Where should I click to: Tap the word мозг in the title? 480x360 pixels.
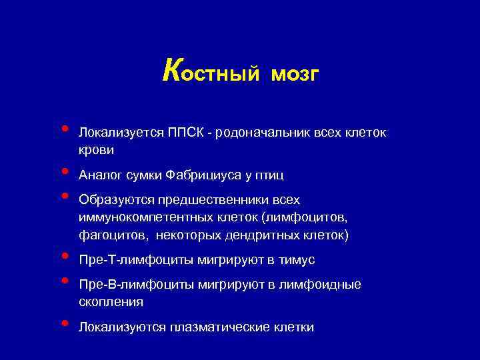pyautogui.click(x=295, y=74)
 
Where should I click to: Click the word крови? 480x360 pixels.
pyautogui.click(x=96, y=151)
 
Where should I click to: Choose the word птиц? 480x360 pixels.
pyautogui.click(x=269, y=175)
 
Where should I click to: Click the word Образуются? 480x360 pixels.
pyautogui.click(x=112, y=200)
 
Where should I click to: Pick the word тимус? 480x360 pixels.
pyautogui.click(x=297, y=260)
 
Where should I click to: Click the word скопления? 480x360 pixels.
pyautogui.click(x=111, y=302)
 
